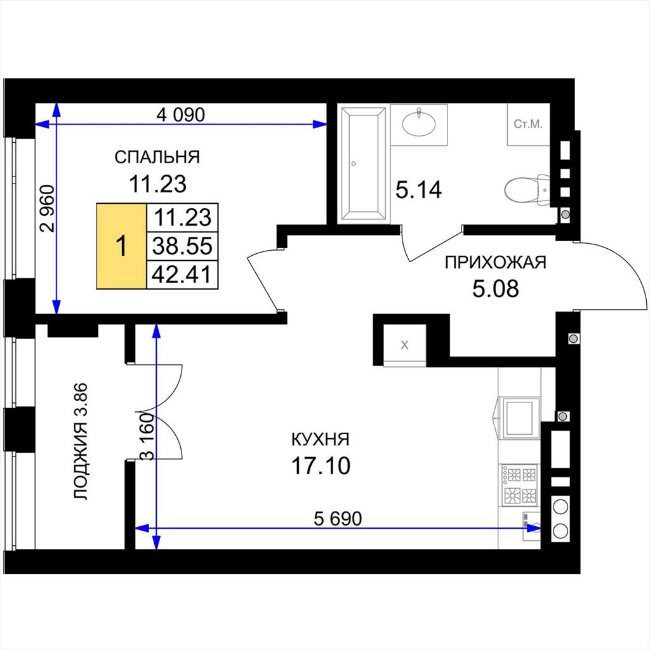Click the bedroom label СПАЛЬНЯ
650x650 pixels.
[157, 157]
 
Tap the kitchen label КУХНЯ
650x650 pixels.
[321, 439]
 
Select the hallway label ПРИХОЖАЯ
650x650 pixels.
[495, 262]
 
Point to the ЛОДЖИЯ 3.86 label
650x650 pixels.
[81, 442]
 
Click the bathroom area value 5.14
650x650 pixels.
[419, 190]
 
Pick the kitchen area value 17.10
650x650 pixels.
[321, 466]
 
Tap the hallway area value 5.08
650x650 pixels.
[495, 289]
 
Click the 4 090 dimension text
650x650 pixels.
[180, 114]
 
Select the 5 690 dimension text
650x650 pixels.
[338, 519]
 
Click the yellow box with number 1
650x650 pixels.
[121, 246]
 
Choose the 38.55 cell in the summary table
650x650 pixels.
[182, 246]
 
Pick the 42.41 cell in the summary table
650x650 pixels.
[182, 274]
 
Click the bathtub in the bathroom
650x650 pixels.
[364, 164]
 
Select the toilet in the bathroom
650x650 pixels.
[527, 191]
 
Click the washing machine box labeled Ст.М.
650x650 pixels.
[529, 124]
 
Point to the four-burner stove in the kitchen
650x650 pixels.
[520, 485]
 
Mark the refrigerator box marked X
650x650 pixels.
[404, 345]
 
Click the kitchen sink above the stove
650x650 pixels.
[521, 418]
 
